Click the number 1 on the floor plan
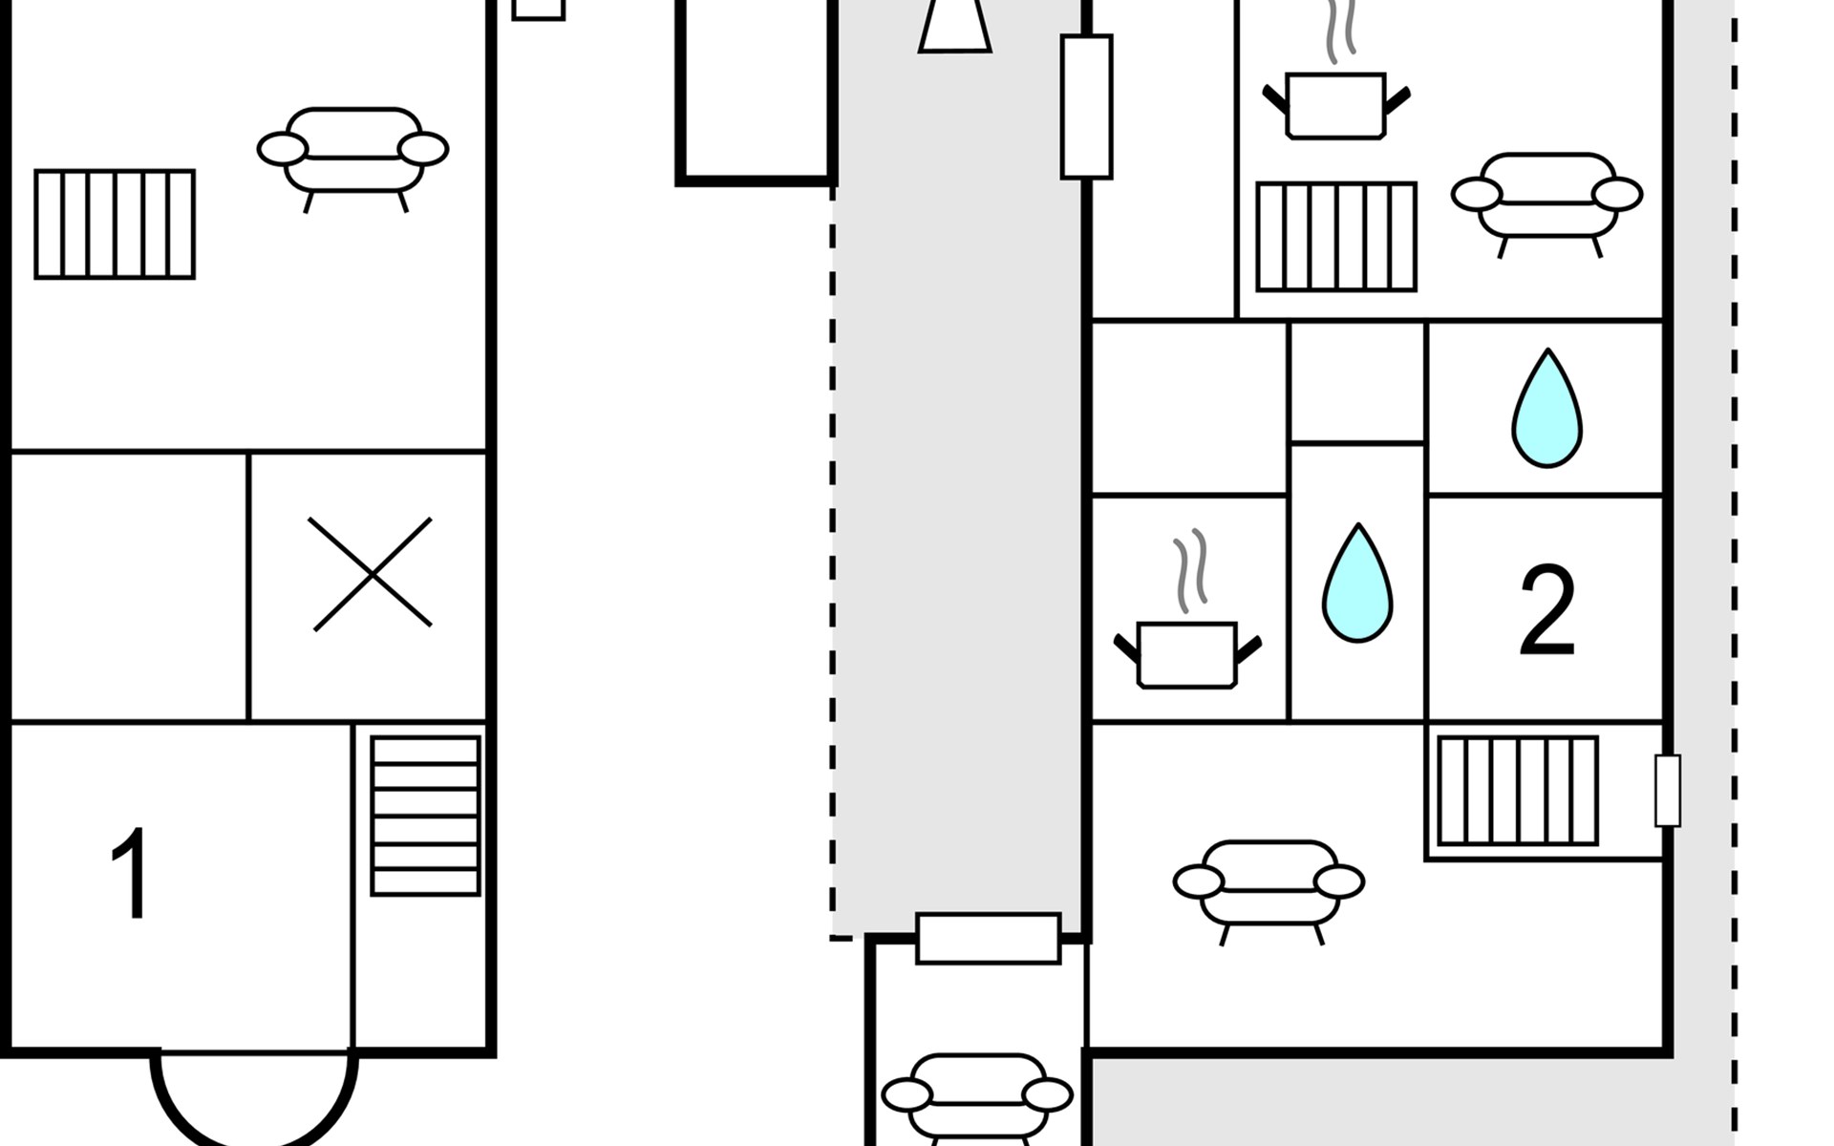(131, 874)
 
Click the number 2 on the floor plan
(1546, 610)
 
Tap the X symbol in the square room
(372, 574)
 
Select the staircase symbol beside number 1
(425, 816)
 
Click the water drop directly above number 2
(1546, 410)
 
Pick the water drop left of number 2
(1356, 584)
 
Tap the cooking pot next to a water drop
(1187, 630)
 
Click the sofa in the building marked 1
(352, 153)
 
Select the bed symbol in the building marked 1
(115, 224)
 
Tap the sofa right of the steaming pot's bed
(1546, 199)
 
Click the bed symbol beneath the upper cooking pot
(1335, 237)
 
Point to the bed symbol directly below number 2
(1517, 791)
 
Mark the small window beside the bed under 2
(1668, 791)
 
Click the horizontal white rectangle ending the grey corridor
(988, 938)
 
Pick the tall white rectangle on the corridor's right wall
(1086, 107)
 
